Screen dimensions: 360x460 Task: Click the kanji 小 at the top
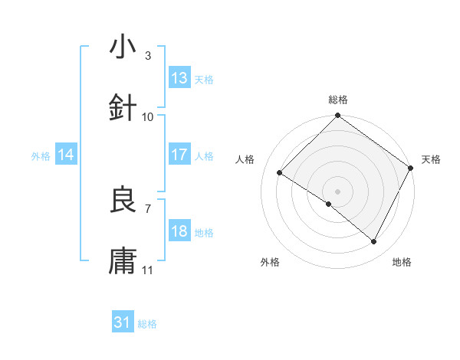pyautogui.click(x=123, y=47)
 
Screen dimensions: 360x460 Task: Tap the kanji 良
pyautogui.click(x=123, y=201)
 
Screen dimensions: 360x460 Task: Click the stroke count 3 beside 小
pyautogui.click(x=148, y=56)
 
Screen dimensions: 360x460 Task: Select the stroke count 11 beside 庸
pyautogui.click(x=148, y=270)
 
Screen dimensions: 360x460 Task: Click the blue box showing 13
pyautogui.click(x=179, y=78)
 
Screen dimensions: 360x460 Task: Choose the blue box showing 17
pyautogui.click(x=179, y=155)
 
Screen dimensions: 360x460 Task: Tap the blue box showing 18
pyautogui.click(x=179, y=231)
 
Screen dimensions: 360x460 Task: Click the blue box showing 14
pyautogui.click(x=66, y=155)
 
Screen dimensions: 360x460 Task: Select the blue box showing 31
pyautogui.click(x=123, y=322)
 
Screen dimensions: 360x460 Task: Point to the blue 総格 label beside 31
pyautogui.click(x=148, y=324)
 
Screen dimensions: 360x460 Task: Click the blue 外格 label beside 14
pyautogui.click(x=41, y=155)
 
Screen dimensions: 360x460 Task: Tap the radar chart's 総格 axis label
pyautogui.click(x=338, y=100)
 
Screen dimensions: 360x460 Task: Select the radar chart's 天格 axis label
pyautogui.click(x=431, y=159)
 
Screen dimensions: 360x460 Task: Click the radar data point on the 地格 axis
pyautogui.click(x=374, y=242)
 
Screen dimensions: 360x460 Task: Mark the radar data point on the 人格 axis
pyautogui.click(x=280, y=172)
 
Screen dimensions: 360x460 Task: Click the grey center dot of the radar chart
pyautogui.click(x=338, y=191)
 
